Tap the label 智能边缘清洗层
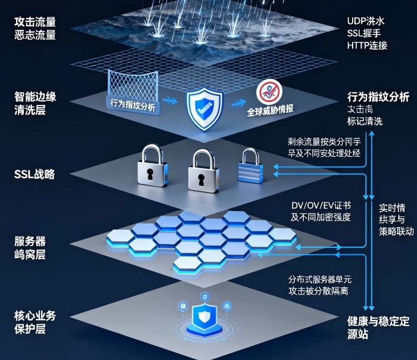35,102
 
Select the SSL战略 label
35,175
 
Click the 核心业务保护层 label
35,322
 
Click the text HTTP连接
367,46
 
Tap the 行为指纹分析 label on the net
132,103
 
